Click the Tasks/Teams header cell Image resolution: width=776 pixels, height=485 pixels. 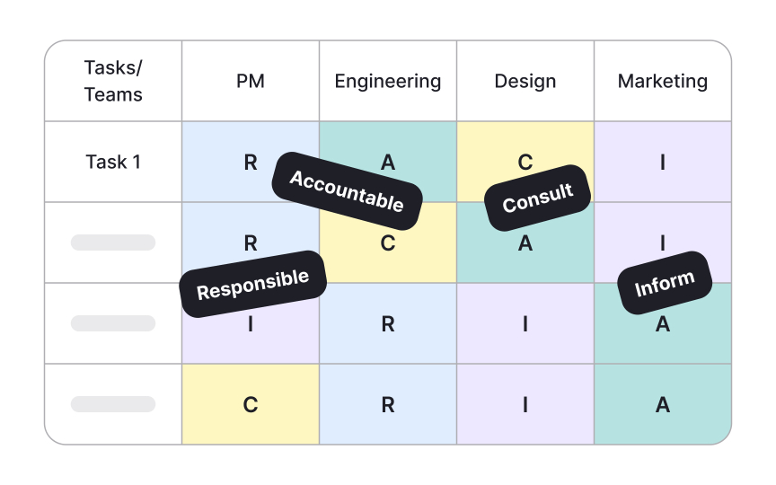(x=113, y=81)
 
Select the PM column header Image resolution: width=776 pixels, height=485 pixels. (x=251, y=81)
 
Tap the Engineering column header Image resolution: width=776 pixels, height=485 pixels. (x=388, y=81)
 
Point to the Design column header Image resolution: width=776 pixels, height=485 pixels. (x=525, y=81)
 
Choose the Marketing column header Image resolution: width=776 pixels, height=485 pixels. (x=663, y=81)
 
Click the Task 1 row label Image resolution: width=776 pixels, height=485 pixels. (x=113, y=162)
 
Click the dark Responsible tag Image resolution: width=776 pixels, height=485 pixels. (x=252, y=283)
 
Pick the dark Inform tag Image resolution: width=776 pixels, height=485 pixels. (x=665, y=283)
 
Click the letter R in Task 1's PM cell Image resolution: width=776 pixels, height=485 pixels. (x=251, y=163)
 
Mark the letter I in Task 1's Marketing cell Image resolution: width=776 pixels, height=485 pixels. (x=663, y=163)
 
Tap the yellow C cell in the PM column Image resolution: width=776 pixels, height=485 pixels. (x=251, y=404)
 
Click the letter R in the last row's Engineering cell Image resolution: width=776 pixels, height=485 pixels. (x=388, y=405)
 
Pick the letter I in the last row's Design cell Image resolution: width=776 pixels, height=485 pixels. (x=525, y=405)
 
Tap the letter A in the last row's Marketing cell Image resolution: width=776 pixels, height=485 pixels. (x=663, y=405)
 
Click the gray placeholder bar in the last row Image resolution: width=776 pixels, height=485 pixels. (x=113, y=404)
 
